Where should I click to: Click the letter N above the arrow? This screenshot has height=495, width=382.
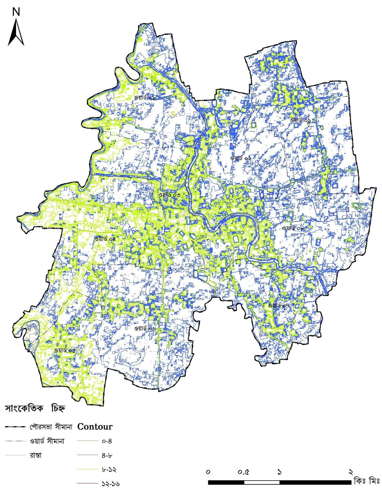click(x=16, y=12)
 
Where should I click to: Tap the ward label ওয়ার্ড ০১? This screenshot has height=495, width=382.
click(x=144, y=98)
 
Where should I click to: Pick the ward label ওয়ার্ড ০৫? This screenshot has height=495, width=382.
click(x=65, y=350)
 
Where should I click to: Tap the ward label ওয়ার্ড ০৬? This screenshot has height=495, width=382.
click(x=145, y=328)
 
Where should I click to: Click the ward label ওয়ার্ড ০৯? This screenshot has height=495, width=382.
click(x=300, y=120)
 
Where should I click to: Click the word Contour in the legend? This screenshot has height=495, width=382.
click(x=95, y=426)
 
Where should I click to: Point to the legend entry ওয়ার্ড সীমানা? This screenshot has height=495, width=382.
click(x=47, y=441)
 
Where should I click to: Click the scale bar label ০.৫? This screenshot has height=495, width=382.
click(x=244, y=472)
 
